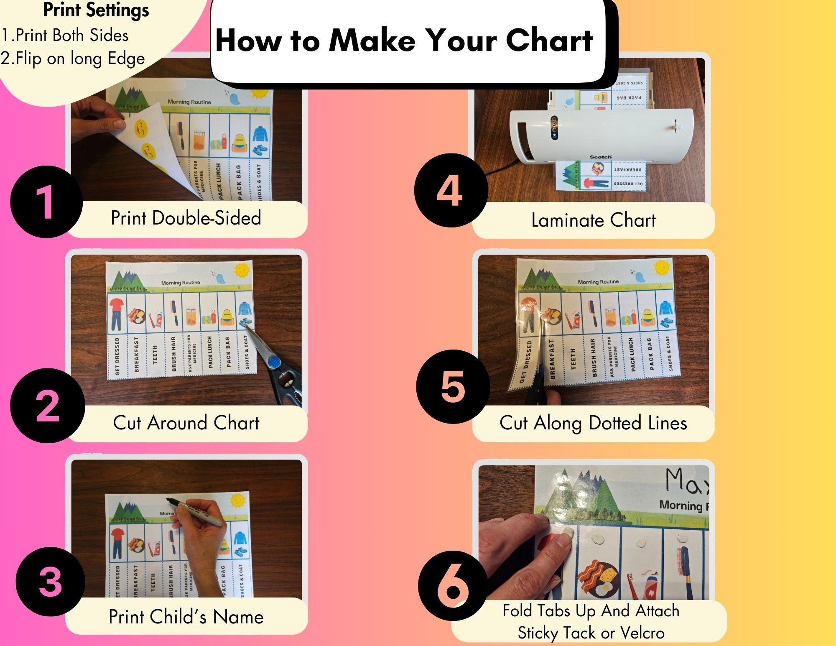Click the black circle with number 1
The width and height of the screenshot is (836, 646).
pyautogui.click(x=46, y=202)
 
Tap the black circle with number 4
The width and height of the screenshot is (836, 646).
pyautogui.click(x=451, y=191)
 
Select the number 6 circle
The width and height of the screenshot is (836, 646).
pyautogui.click(x=453, y=585)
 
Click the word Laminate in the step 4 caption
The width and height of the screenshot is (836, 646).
pyautogui.click(x=567, y=220)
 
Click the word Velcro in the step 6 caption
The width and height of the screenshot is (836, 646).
pyautogui.click(x=642, y=633)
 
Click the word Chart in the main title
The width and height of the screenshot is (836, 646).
pyautogui.click(x=549, y=41)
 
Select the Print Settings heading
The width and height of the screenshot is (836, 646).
pyautogui.click(x=96, y=10)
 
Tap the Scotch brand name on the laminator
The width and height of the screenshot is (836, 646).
pyautogui.click(x=600, y=157)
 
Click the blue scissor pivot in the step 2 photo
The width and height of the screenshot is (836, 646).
pyautogui.click(x=273, y=362)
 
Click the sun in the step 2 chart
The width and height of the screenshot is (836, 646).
pyautogui.click(x=242, y=271)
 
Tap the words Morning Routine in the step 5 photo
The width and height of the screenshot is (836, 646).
pyautogui.click(x=598, y=282)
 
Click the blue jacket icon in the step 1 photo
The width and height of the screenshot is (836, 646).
pyautogui.click(x=260, y=134)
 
